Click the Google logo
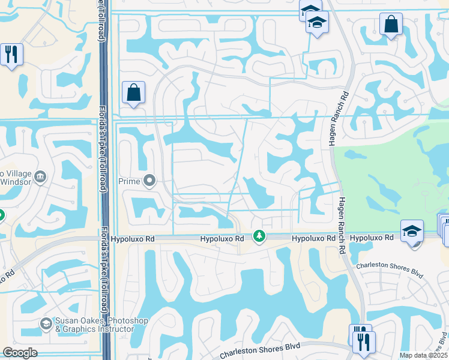[20, 353]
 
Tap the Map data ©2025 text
[424, 355]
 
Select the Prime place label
[132, 181]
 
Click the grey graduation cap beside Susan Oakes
[46, 325]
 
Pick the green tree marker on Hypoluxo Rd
[259, 238]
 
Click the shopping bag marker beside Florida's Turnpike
[133, 93]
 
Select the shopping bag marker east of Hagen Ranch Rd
[391, 25]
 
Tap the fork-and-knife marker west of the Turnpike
[11, 55]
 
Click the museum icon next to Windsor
[40, 176]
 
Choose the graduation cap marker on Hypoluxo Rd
[412, 231]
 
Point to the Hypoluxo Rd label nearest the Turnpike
[133, 239]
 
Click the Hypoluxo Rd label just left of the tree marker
[223, 239]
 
